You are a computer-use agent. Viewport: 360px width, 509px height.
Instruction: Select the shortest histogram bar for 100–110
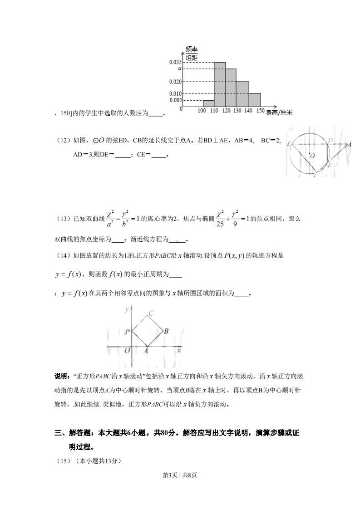pyautogui.click(x=208, y=103)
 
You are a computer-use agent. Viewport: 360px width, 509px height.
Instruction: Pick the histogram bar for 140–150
pyautogui.click(x=255, y=99)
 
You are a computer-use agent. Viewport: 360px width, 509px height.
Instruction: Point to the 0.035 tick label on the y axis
pyautogui.click(x=175, y=62)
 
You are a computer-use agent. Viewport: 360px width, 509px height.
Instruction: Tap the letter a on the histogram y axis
pyautogui.click(x=180, y=68)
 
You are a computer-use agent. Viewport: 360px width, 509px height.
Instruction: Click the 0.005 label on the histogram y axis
pyautogui.click(x=175, y=100)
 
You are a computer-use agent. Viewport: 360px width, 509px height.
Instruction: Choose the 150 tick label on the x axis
pyautogui.click(x=260, y=111)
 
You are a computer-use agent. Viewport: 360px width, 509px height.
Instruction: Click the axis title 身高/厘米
pyautogui.click(x=279, y=113)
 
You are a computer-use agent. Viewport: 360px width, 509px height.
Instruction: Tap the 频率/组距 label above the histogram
pyautogui.click(x=192, y=53)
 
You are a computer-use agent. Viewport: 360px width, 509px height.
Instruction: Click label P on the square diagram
pyautogui.click(x=127, y=332)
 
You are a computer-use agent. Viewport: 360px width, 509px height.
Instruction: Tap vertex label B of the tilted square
pyautogui.click(x=166, y=331)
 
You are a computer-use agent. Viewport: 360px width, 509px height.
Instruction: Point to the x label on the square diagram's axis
pyautogui.click(x=179, y=350)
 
